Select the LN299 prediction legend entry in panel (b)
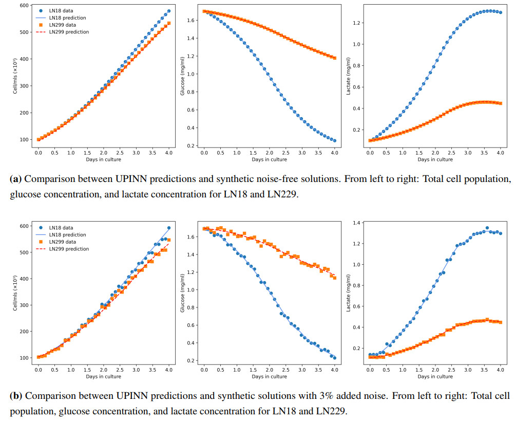click(68, 249)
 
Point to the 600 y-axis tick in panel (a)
click(23, 6)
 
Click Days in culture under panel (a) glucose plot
click(269, 159)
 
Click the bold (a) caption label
click(16, 180)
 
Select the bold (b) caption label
click(16, 396)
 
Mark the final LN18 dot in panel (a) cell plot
click(169, 11)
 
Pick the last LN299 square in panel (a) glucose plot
click(335, 58)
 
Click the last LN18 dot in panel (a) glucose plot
click(335, 140)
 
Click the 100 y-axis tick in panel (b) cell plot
click(23, 358)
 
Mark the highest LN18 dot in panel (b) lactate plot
click(487, 228)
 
